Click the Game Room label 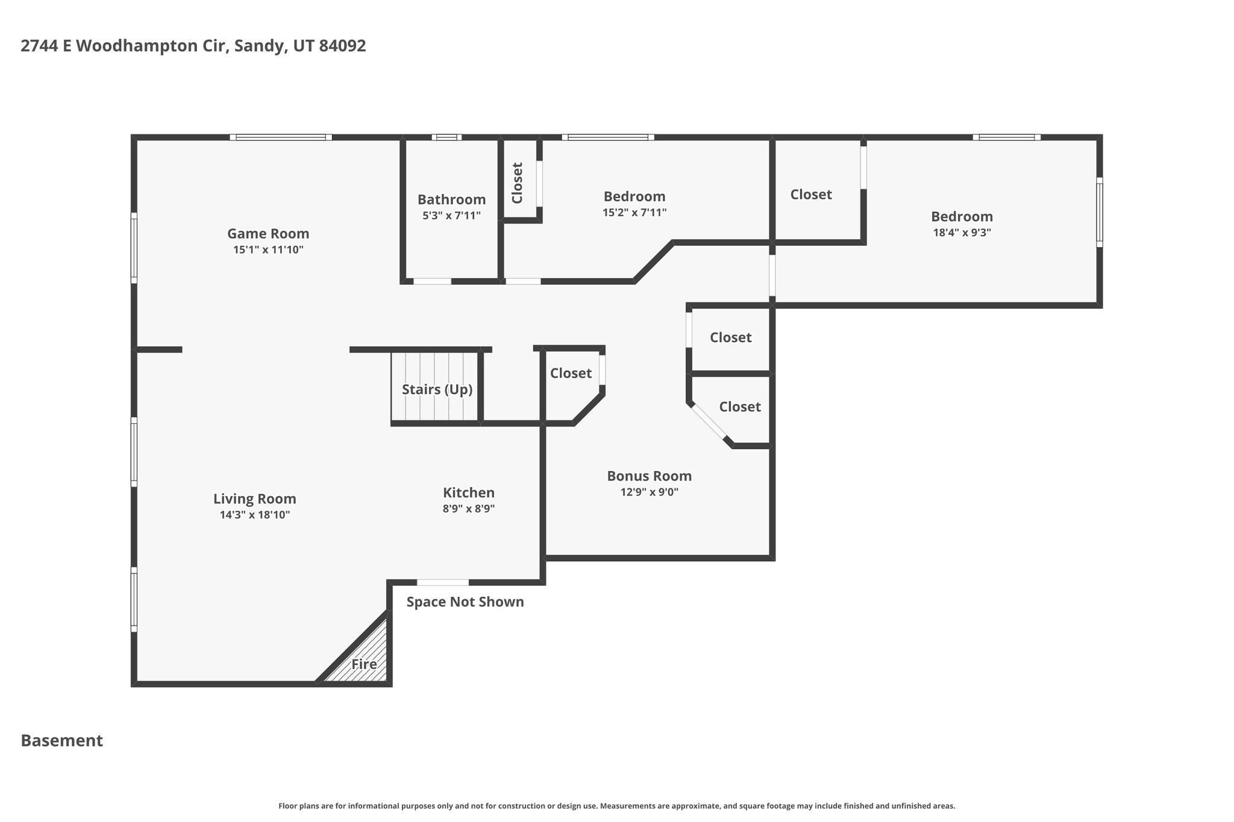point(268,234)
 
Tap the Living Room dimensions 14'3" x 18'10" point(255,515)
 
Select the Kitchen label point(469,493)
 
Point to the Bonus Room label point(649,476)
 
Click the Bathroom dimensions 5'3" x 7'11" point(451,216)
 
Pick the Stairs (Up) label point(437,390)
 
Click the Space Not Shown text point(465,602)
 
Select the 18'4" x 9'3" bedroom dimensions point(962,232)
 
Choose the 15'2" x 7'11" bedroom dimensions point(634,213)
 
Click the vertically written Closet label point(517,183)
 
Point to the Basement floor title point(62,741)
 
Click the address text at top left point(193,46)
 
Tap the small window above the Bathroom point(446,137)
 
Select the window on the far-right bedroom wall point(1099,212)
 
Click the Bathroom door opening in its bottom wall point(432,281)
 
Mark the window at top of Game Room point(281,137)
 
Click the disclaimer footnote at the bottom point(616,806)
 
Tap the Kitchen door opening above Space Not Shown point(443,582)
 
